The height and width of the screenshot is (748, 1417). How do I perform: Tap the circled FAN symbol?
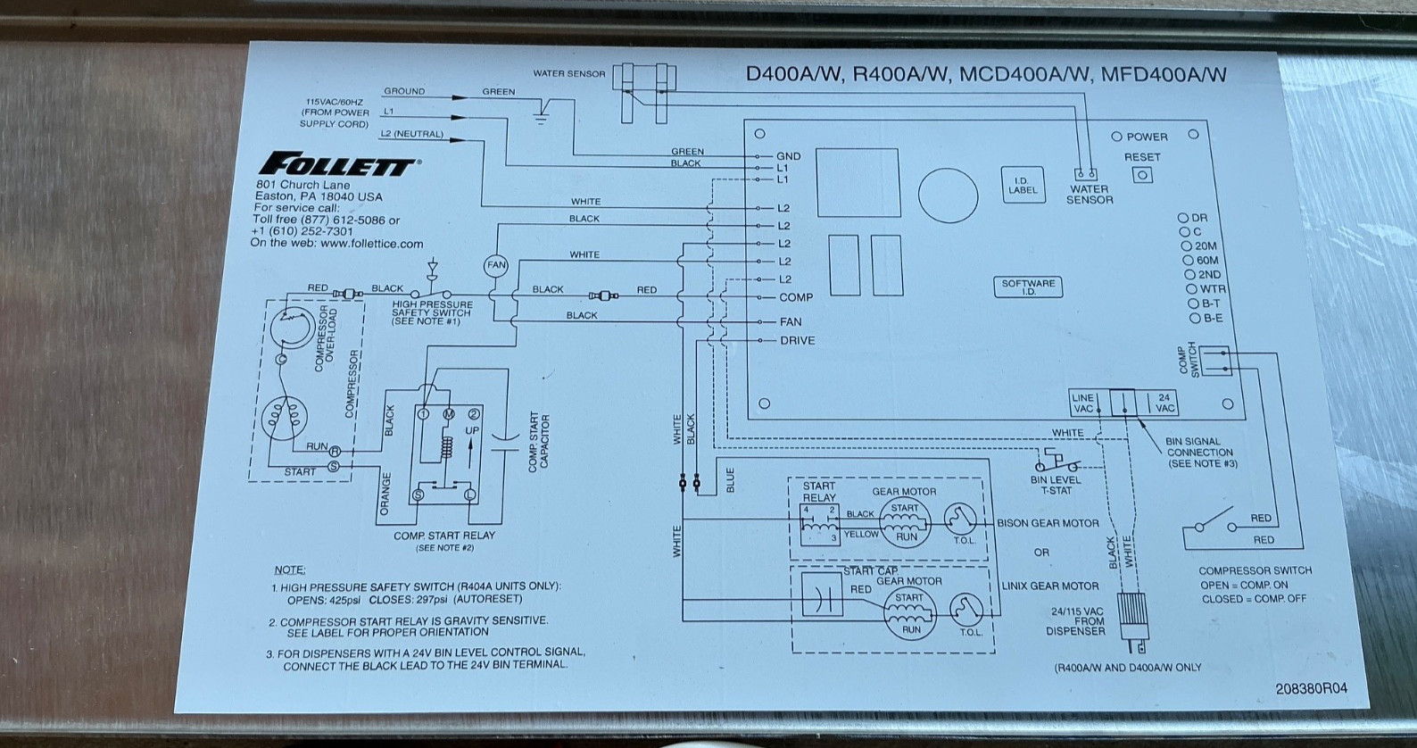(x=496, y=265)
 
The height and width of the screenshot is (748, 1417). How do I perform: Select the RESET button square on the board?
(x=1142, y=175)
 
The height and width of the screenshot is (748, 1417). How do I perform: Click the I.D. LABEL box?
(x=1023, y=185)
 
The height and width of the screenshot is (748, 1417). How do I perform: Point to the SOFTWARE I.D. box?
(x=1028, y=287)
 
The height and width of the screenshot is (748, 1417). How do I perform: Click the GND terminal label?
(x=788, y=156)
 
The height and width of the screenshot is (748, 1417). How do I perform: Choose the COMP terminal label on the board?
(x=796, y=297)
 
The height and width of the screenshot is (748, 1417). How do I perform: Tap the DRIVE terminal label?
(x=797, y=340)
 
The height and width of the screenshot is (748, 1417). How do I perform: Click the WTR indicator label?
(x=1213, y=289)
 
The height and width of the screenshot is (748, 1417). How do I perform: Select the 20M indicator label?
(x=1206, y=245)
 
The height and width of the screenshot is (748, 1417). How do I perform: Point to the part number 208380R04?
(x=1312, y=688)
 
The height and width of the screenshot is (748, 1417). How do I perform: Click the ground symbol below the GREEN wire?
(x=540, y=116)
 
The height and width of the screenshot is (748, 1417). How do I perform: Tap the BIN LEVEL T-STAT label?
(x=1056, y=485)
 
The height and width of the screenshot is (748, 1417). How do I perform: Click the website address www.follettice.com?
(x=372, y=244)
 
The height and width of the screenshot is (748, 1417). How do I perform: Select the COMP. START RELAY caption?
(x=444, y=536)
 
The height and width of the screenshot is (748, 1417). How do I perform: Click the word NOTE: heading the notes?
(x=290, y=570)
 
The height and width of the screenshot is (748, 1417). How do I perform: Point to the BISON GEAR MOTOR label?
(x=1048, y=523)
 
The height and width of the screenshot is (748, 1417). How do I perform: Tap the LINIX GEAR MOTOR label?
(x=1050, y=586)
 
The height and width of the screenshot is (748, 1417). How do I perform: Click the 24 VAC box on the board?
(x=1164, y=403)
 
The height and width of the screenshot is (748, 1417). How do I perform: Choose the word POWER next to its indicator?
(x=1147, y=137)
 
